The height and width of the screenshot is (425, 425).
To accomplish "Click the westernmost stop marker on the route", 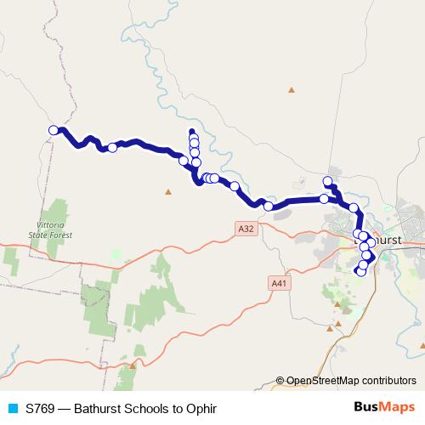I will click(54, 130).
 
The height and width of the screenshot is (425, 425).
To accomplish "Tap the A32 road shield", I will click(246, 228).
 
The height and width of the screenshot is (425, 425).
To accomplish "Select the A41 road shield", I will click(277, 283).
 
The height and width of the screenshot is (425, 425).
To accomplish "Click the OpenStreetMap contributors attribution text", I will click(352, 381).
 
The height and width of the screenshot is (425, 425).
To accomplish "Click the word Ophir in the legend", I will click(201, 409).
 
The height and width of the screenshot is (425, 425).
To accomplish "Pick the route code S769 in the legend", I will click(42, 409).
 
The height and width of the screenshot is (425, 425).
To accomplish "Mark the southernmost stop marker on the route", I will click(360, 272).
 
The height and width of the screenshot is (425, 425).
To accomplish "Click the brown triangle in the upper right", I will click(292, 89).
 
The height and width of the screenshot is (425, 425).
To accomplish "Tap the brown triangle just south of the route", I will click(168, 190).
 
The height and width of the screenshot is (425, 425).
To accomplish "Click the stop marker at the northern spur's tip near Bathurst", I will click(327, 180).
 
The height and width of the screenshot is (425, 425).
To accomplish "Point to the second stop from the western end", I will click(112, 148).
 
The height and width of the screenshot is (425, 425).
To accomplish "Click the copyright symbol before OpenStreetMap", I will click(280, 381).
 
